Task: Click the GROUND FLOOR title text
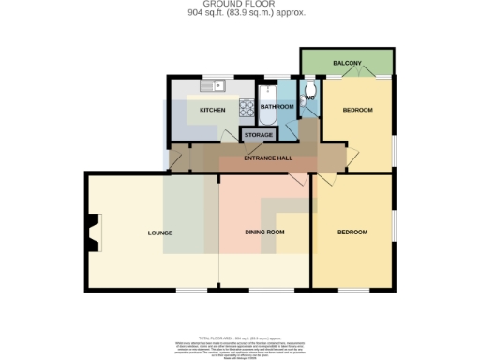pyautogui.click(x=240, y=5)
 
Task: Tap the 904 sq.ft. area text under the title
pyautogui.click(x=240, y=13)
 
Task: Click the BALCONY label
pyautogui.click(x=347, y=63)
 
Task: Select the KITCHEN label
pyautogui.click(x=212, y=110)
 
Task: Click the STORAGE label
pyautogui.click(x=259, y=135)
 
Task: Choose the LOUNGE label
pyautogui.click(x=160, y=232)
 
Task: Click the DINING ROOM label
pyautogui.click(x=264, y=232)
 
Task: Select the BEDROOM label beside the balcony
pyautogui.click(x=357, y=110)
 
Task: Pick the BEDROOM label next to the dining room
pyautogui.click(x=352, y=232)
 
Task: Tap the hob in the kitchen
pyautogui.click(x=246, y=109)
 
